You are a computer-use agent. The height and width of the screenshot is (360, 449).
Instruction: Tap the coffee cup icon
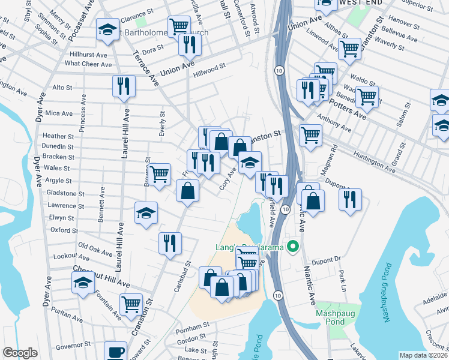pyautogui.click(x=115, y=351)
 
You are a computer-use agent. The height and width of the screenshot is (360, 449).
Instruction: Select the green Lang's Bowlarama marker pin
pyautogui.click(x=294, y=247)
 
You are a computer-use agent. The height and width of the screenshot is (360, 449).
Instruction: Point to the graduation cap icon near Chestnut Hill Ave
pyautogui.click(x=83, y=283)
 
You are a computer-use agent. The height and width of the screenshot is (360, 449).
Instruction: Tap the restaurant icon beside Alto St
pyautogui.click(x=124, y=86)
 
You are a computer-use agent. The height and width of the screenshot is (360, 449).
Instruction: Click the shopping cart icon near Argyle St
pyautogui.click(x=159, y=175)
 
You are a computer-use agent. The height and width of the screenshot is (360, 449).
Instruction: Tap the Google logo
pyautogui.click(x=20, y=353)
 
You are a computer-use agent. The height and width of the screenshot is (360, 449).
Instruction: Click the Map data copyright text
pyautogui.click(x=423, y=355)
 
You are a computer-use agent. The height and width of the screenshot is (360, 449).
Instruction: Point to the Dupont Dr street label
pyautogui.click(x=326, y=259)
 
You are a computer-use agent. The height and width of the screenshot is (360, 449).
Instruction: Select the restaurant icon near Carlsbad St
pyautogui.click(x=170, y=243)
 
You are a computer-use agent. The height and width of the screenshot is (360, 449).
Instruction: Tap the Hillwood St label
pyautogui.click(x=209, y=71)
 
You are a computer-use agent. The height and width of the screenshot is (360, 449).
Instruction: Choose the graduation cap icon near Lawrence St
pyautogui.click(x=146, y=214)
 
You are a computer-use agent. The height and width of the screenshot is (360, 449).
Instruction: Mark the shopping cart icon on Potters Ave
pyautogui.click(x=367, y=96)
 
